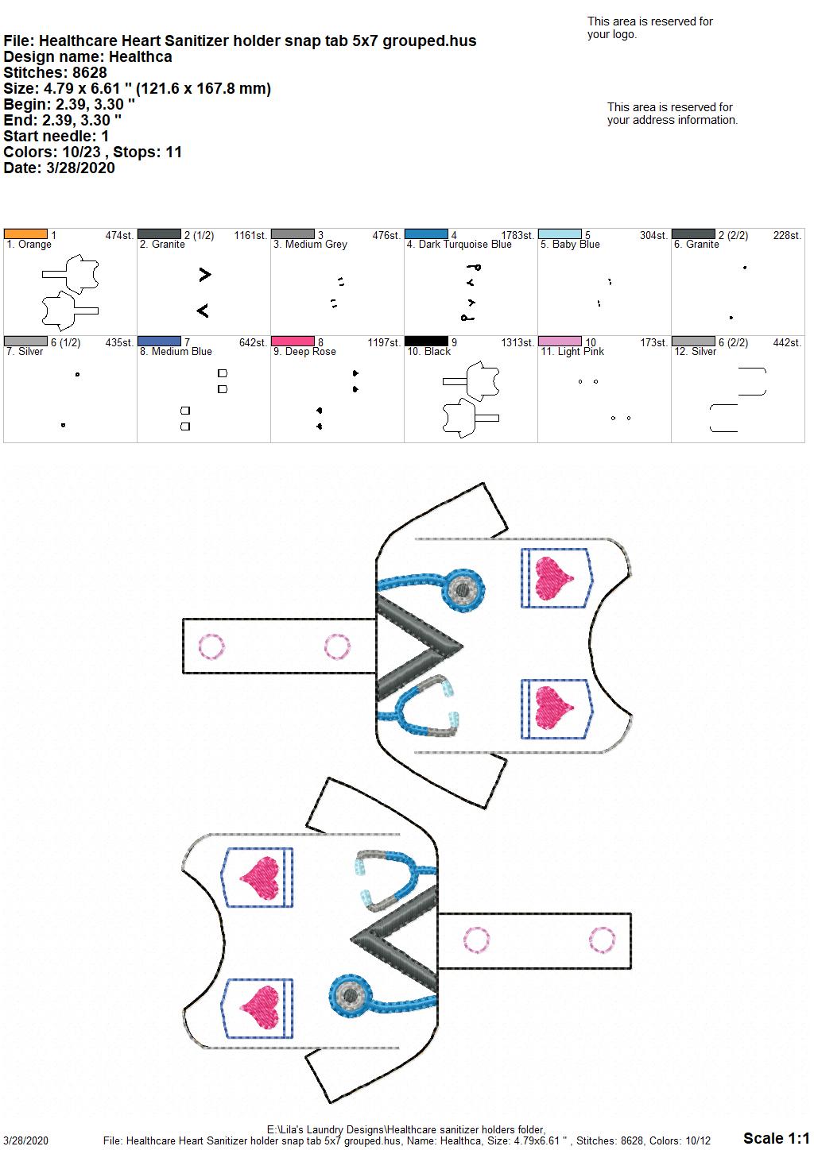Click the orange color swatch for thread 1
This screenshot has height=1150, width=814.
(x=25, y=234)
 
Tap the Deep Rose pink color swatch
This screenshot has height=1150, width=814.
(x=293, y=342)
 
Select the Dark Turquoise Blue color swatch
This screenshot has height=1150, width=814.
(x=426, y=234)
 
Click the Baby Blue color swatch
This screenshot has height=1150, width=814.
(x=560, y=234)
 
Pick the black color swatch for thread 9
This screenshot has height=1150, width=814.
(x=426, y=342)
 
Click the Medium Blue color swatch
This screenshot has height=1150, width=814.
(x=159, y=342)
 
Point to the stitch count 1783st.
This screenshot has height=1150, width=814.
(x=518, y=235)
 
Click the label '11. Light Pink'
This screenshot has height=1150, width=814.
(x=572, y=352)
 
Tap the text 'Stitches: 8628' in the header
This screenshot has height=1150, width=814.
(x=55, y=72)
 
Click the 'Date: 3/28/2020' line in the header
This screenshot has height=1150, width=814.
(x=59, y=168)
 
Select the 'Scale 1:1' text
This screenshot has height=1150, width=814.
(x=777, y=1137)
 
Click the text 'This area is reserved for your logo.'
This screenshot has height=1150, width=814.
(x=649, y=28)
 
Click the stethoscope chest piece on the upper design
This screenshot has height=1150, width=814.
(x=463, y=590)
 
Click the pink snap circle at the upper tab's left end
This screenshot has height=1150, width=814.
(x=211, y=646)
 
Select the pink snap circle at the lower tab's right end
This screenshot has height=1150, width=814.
(x=602, y=940)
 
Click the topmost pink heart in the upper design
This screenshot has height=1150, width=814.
(x=553, y=579)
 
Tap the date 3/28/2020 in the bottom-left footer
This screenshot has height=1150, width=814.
(x=25, y=1140)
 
